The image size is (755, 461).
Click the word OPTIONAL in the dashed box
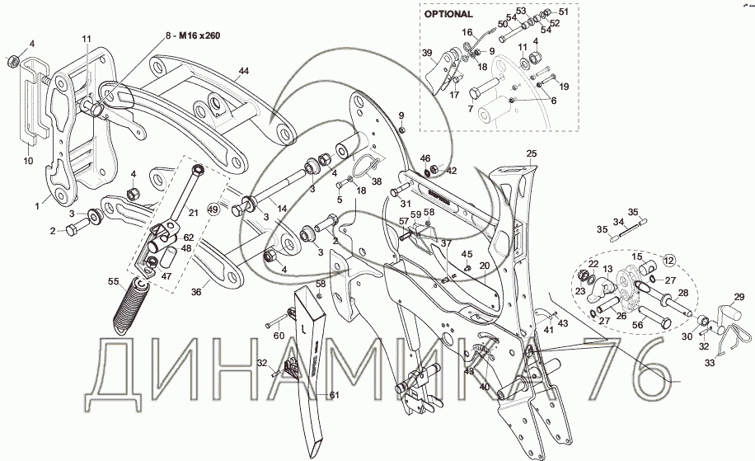click(448, 14)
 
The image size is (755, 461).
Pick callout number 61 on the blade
click(335, 396)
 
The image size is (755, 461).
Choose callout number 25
click(531, 153)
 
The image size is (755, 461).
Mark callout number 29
click(739, 295)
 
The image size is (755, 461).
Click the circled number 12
click(668, 261)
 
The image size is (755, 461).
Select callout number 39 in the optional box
click(427, 53)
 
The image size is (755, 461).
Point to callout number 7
click(470, 109)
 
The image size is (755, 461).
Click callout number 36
click(195, 292)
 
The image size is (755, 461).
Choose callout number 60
click(279, 336)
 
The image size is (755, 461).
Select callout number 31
click(405, 205)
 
